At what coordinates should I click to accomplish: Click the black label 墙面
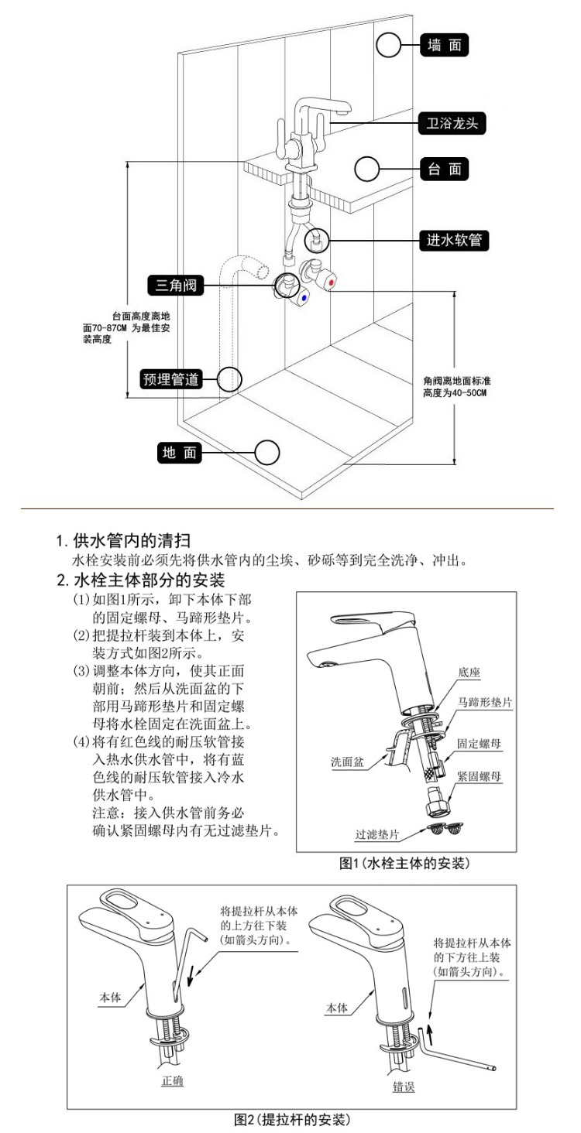click(x=445, y=45)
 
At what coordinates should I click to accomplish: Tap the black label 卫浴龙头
click(x=452, y=123)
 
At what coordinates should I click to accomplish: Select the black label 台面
click(x=445, y=169)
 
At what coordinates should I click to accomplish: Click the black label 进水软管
click(x=454, y=240)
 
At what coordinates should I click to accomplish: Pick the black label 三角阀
click(x=176, y=286)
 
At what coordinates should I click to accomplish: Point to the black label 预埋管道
click(x=170, y=379)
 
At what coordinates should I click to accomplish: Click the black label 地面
click(x=179, y=452)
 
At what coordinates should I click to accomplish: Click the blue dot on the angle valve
click(x=303, y=298)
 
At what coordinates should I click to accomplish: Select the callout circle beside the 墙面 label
click(x=389, y=33)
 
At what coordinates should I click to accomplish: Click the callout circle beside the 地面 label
click(x=267, y=440)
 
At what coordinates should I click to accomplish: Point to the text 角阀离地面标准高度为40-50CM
click(x=456, y=387)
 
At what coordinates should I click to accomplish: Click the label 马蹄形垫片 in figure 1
click(x=485, y=702)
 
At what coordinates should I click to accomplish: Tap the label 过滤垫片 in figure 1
click(x=377, y=834)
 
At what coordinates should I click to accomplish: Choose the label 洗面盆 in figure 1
click(x=347, y=762)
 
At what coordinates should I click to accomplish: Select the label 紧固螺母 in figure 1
click(x=479, y=776)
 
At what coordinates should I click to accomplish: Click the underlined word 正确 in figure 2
click(x=172, y=1081)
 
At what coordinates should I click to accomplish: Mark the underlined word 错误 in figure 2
click(x=404, y=1087)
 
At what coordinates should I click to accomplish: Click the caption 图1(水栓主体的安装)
click(x=404, y=864)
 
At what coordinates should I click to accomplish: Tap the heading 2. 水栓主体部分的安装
click(x=141, y=580)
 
